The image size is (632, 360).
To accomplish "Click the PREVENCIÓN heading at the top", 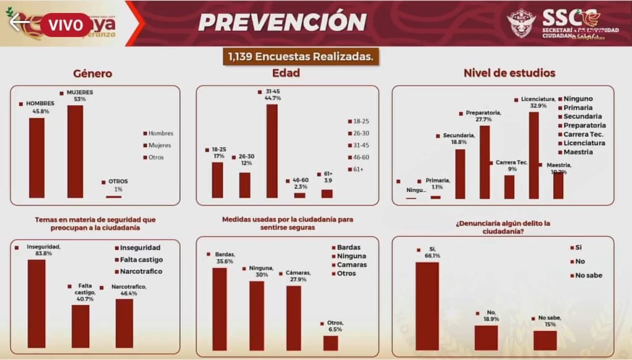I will [x=283, y=22].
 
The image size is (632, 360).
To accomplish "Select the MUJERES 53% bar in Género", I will [x=75, y=151].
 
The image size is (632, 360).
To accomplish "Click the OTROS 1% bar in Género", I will [x=114, y=196].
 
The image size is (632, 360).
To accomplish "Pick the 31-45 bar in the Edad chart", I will [x=272, y=151].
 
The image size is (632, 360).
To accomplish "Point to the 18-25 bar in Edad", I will [x=217, y=180].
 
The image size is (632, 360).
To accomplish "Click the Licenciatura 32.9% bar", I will [x=534, y=155].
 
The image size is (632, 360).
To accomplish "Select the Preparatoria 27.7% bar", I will [x=484, y=162].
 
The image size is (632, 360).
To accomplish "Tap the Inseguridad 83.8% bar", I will [x=36, y=303].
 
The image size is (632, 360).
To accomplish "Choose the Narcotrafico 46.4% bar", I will [x=124, y=323].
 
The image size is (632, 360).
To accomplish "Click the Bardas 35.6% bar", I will [x=220, y=309].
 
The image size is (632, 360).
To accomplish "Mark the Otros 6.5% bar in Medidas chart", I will [x=331, y=343].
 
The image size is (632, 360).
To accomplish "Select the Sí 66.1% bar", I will [x=427, y=306].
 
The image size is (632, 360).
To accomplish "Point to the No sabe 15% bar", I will [x=545, y=340].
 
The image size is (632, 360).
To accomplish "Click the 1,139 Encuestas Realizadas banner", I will [x=301, y=57].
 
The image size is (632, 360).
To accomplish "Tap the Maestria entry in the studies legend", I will [x=578, y=152].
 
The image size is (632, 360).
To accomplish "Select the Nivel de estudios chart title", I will [x=509, y=73].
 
